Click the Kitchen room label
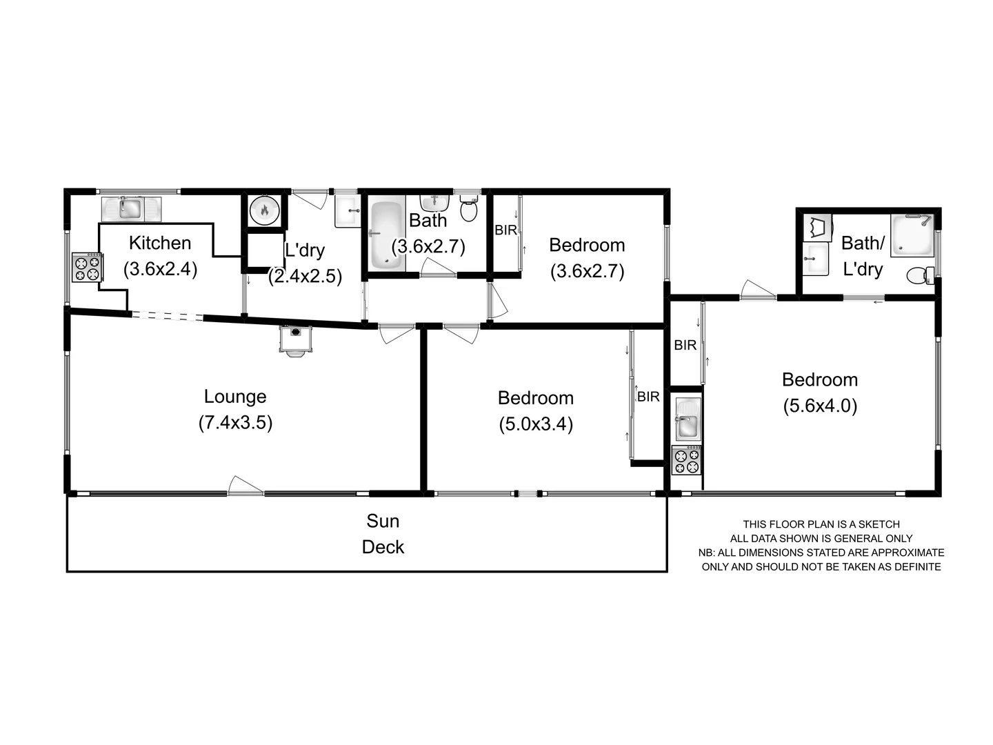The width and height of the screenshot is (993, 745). [160, 243]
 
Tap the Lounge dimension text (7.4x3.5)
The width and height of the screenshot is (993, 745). [235, 422]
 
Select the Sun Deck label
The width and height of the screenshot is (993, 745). [383, 534]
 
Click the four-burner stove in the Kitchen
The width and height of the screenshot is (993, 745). [88, 267]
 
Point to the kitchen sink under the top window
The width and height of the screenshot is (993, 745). [130, 208]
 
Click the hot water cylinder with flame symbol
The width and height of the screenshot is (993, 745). [264, 210]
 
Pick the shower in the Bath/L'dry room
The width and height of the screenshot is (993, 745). [911, 235]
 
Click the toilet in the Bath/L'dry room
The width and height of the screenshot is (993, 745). [919, 275]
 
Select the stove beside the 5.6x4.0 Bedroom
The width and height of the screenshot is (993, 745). [687, 460]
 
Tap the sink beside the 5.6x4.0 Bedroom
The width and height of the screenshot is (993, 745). [688, 419]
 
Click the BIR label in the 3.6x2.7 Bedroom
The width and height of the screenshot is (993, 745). [506, 230]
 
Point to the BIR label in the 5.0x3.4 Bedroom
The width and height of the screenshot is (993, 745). [648, 397]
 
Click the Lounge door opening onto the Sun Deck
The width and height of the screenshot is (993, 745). [245, 486]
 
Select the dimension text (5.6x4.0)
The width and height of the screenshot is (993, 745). [820, 406]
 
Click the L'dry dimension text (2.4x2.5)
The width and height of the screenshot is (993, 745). [305, 276]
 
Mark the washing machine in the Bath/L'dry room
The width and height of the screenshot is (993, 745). [818, 227]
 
